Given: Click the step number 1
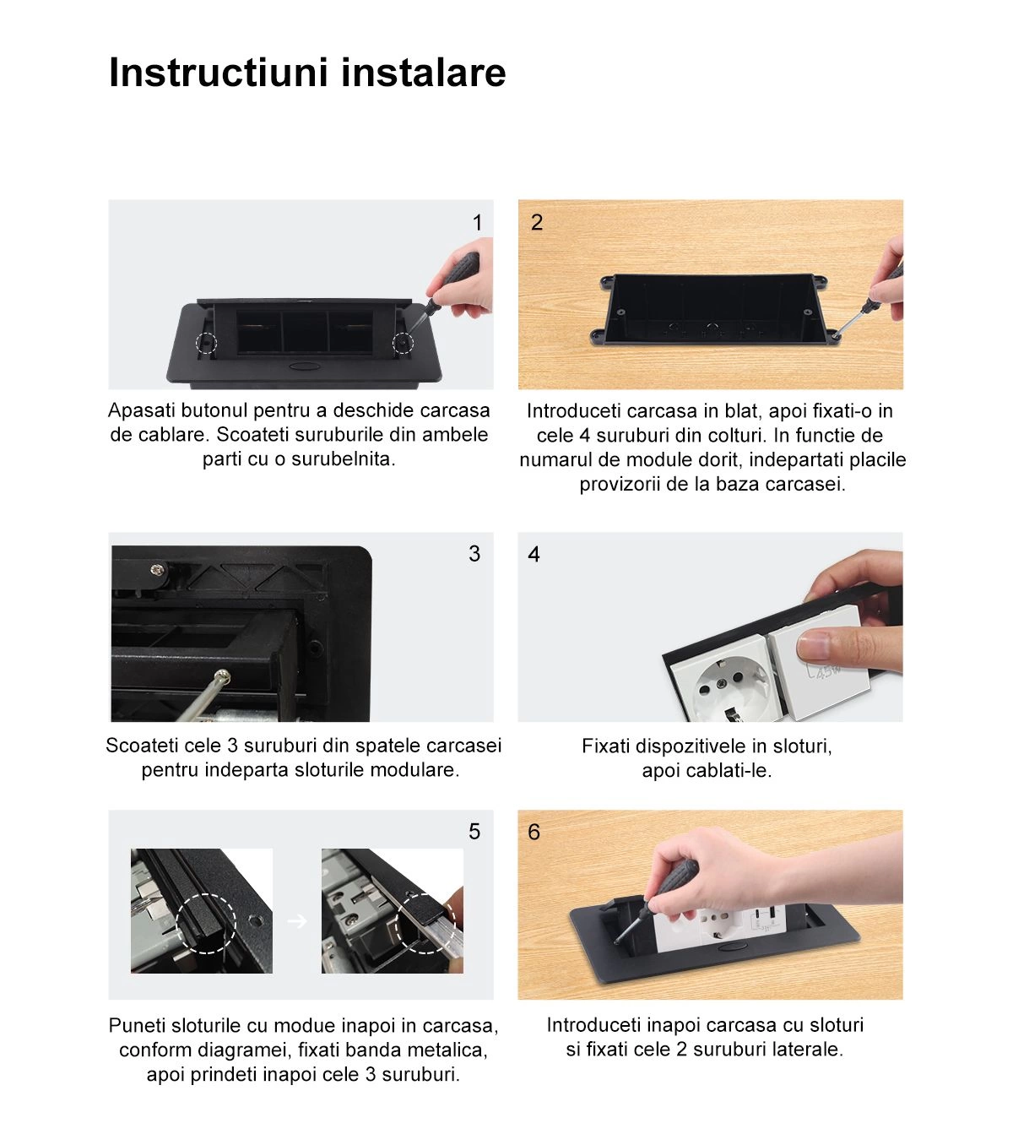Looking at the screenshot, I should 477,223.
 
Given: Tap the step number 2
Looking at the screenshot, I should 536,222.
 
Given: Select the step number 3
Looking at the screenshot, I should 474,554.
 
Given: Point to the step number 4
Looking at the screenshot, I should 534,555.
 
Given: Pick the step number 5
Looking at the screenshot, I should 474,832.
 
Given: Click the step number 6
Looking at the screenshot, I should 534,833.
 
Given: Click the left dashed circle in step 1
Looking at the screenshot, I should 207,343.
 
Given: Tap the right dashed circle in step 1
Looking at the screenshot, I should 403,343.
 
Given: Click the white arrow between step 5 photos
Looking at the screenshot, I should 297,921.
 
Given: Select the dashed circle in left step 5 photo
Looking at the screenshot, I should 206,923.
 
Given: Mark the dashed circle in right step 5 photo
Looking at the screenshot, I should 425,924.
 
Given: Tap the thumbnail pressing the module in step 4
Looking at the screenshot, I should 815,646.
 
